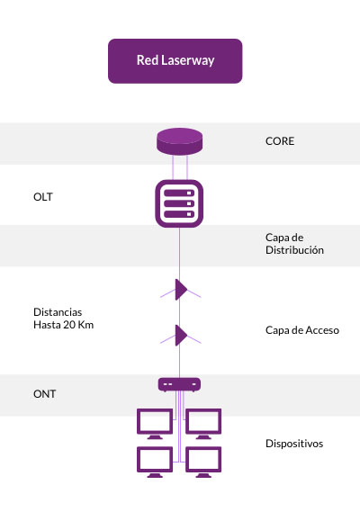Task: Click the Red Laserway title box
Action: point(175,61)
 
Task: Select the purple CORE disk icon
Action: point(179,141)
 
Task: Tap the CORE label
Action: point(280,141)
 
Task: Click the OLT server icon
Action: point(179,203)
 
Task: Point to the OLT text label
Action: point(43,197)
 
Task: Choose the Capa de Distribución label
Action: point(294,244)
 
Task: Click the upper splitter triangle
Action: point(181,290)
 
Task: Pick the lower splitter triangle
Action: point(181,336)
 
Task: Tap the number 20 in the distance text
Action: point(69,325)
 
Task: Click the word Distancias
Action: point(58,312)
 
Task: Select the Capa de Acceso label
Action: point(302,330)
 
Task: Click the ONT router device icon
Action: point(179,384)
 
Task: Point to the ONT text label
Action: point(44,394)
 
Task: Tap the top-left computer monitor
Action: point(155,424)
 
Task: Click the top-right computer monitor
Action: point(203,424)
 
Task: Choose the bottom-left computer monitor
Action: point(155,462)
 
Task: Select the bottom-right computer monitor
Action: point(203,462)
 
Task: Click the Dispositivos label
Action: point(294,444)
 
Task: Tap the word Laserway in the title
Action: point(188,60)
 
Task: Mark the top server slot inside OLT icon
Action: point(179,193)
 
